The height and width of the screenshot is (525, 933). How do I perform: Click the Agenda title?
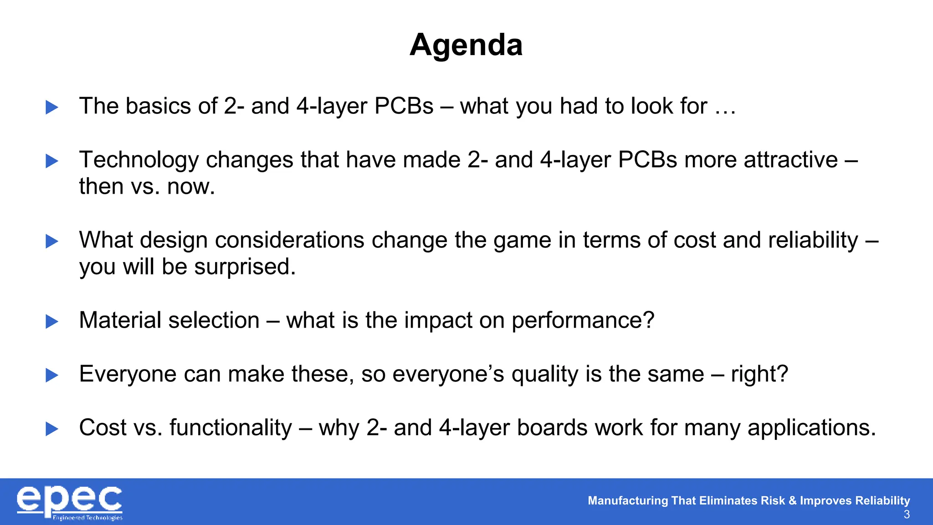point(466,45)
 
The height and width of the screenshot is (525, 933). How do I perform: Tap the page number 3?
point(906,515)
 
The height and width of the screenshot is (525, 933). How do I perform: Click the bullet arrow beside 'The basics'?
point(52,108)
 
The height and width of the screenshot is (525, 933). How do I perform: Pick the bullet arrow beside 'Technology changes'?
point(52,161)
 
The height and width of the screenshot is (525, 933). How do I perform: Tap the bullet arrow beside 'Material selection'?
point(52,322)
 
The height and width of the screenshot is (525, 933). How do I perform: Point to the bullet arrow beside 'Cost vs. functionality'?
point(52,429)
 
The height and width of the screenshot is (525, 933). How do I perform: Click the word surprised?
point(245,267)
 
